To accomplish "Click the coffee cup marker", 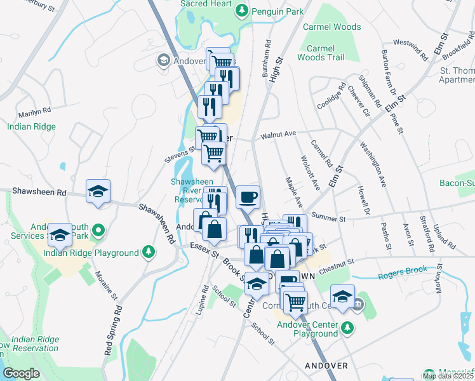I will click(248, 196).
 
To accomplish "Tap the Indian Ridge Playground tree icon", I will click(148, 253).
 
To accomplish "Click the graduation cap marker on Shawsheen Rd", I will click(98, 190).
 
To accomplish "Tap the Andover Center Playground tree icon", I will click(347, 328).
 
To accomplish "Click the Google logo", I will click(20, 373).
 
